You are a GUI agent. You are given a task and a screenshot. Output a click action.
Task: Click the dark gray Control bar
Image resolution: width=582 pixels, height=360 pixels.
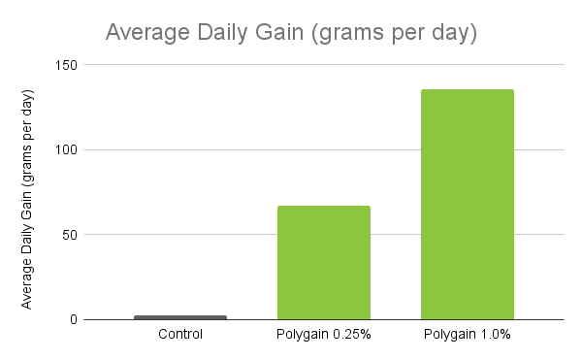(180, 316)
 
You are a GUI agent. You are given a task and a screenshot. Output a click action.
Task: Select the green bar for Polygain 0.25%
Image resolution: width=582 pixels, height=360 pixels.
(324, 262)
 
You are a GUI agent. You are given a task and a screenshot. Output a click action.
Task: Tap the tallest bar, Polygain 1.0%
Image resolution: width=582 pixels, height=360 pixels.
(468, 204)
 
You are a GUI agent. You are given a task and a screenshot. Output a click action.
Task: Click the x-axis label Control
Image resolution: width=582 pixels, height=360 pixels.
(180, 336)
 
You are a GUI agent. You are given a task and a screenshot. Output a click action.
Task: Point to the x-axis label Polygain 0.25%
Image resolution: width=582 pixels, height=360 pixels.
(324, 336)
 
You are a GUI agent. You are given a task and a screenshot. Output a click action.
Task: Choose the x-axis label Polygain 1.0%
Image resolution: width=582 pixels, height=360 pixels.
(468, 336)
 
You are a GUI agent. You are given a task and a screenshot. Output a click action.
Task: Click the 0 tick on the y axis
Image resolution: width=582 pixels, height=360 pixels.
(74, 319)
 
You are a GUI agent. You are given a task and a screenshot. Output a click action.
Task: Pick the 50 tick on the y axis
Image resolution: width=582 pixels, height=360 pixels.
(71, 235)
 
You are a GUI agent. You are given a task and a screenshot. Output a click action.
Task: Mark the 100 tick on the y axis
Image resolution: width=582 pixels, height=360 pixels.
(68, 150)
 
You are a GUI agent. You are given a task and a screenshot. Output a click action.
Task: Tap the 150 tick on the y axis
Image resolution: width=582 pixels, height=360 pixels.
(68, 65)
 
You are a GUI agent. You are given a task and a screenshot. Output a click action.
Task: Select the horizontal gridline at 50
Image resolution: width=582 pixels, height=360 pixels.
(194, 235)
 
